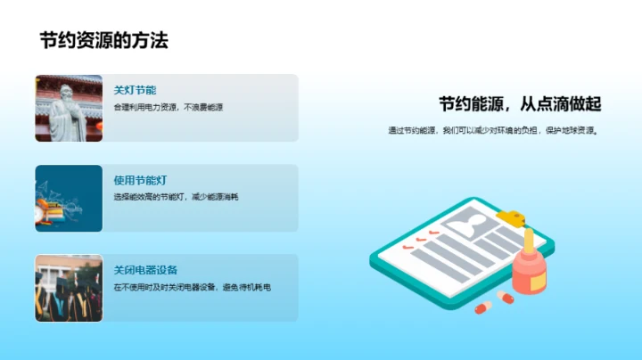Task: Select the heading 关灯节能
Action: click(135, 90)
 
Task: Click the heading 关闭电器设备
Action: click(146, 270)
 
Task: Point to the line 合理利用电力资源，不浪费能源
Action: click(168, 107)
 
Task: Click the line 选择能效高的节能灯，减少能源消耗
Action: click(176, 197)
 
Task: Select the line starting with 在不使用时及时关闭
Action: click(192, 287)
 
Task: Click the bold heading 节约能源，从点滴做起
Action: click(521, 104)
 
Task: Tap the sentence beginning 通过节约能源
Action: click(492, 130)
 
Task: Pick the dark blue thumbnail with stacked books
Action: click(69, 198)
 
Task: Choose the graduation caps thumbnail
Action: click(69, 288)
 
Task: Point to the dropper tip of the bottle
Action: click(529, 234)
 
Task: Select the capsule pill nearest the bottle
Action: click(505, 296)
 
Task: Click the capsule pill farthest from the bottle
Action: click(482, 307)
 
